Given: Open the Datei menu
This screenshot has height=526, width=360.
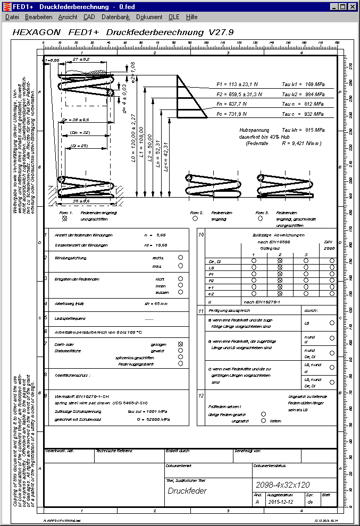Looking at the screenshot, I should [12, 17].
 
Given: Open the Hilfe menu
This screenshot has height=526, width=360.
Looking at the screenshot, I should [192, 17].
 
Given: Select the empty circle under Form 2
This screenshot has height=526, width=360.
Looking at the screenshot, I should [195, 218].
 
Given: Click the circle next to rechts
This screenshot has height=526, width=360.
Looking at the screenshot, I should [181, 258].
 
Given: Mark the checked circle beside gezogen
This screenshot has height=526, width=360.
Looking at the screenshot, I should [181, 344].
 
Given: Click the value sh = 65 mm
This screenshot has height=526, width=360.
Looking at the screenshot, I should [156, 304].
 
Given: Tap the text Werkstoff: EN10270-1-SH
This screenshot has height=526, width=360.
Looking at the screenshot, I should [79, 396].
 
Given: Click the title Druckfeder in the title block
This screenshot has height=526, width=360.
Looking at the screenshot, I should [187, 491].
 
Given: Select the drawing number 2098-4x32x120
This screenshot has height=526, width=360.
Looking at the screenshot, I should [283, 485].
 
